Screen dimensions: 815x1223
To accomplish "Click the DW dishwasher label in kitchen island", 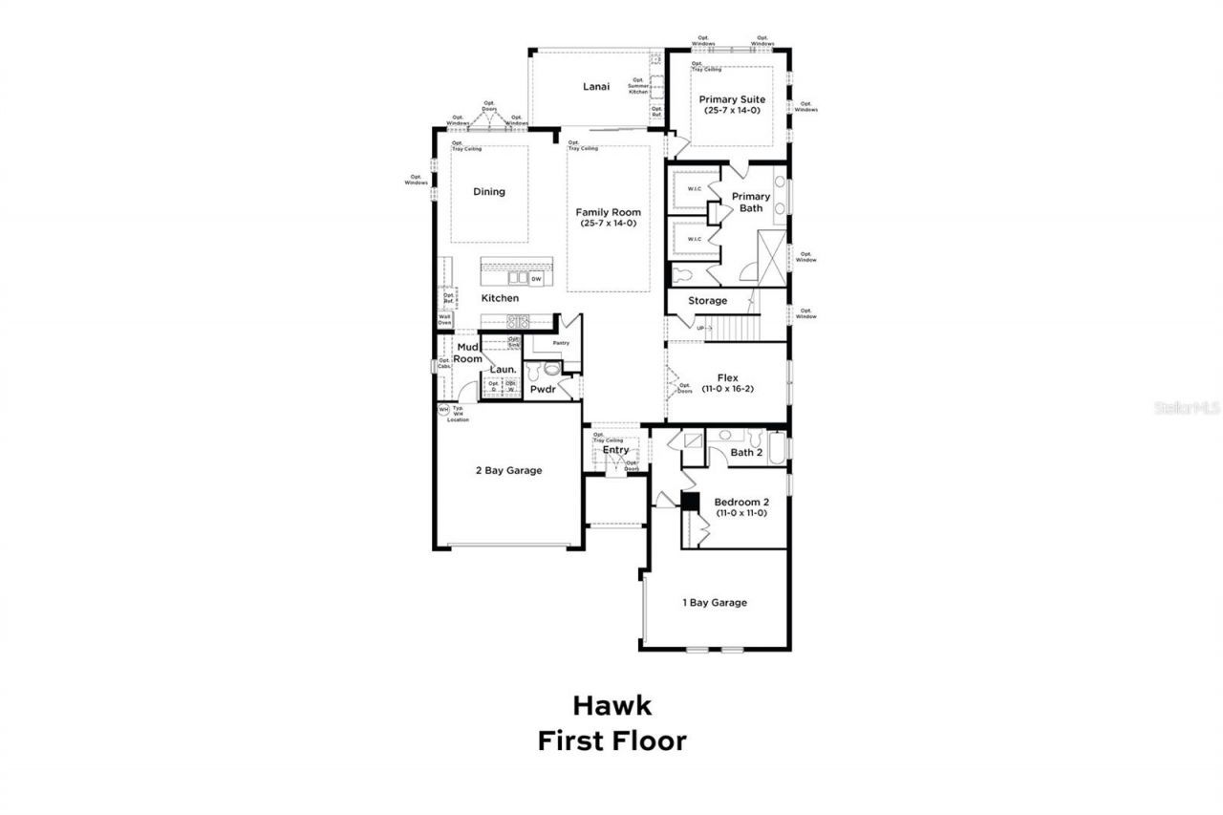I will pos(536,279).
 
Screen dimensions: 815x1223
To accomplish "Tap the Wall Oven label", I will pos(445,320).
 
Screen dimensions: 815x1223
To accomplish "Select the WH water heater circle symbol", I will pos(442,410).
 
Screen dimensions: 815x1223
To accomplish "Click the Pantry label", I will pos(561,343).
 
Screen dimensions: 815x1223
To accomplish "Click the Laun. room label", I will pos(504,369).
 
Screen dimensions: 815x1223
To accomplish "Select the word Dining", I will pos(489,192).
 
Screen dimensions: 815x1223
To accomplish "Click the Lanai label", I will pos(596,87).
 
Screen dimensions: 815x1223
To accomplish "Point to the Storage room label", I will pos(708,301).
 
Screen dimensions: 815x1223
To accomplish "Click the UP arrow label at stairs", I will pos(704,328).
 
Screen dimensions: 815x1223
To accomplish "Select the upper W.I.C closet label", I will pos(695,188).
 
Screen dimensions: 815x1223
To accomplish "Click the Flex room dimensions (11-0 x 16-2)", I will pos(727,390).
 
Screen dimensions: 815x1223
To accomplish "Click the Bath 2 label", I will pos(746,452).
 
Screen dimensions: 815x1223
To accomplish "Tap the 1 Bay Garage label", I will pos(715,603).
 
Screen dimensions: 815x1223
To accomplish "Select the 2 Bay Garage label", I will pos(509,470).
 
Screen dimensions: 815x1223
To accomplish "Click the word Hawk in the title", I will pos(611,706).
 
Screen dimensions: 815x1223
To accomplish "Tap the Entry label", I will pos(615,450).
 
